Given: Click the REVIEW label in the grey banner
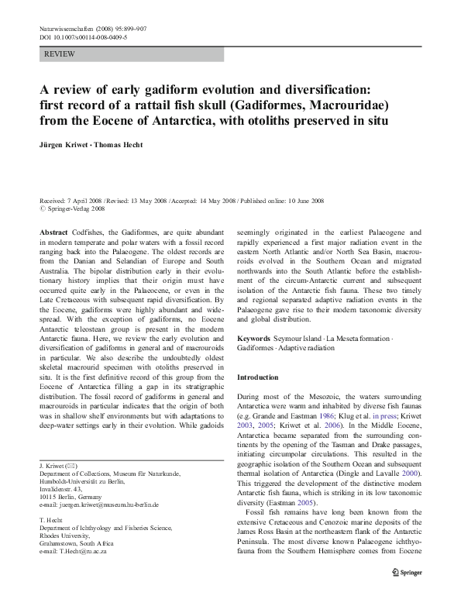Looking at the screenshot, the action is click(60, 55).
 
